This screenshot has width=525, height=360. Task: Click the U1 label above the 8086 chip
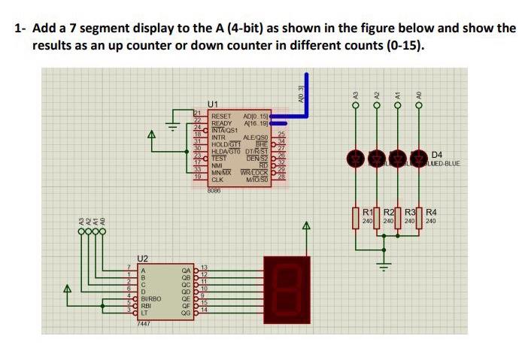213,103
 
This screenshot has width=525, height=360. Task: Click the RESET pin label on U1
221,116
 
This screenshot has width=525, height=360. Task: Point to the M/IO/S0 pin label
256,180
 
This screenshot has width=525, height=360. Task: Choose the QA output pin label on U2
187,269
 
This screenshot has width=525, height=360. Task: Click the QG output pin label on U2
187,312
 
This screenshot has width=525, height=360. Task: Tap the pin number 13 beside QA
203,268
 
